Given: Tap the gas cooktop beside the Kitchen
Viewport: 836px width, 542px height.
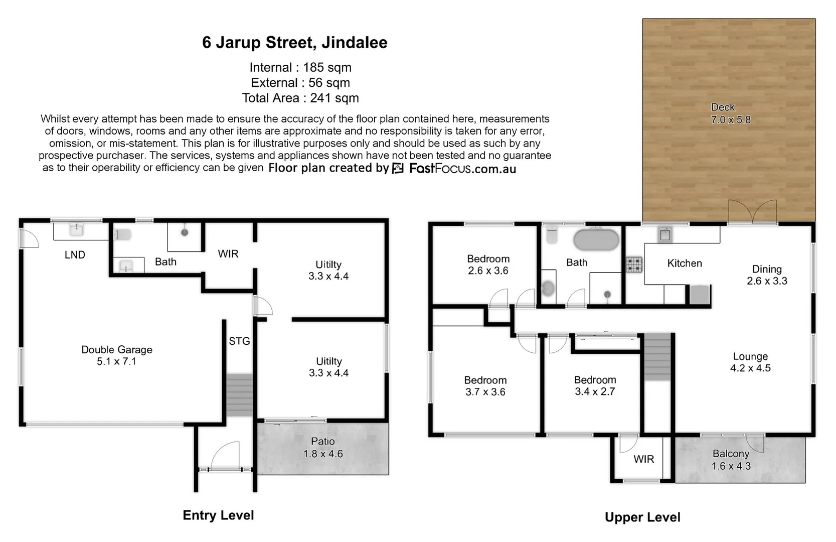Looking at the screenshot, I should pyautogui.click(x=634, y=264).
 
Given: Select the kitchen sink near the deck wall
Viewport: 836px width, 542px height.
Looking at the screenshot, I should pyautogui.click(x=665, y=234).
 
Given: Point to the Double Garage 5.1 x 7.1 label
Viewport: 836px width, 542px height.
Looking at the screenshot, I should pyautogui.click(x=117, y=355).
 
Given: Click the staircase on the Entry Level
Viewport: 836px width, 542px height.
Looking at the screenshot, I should pyautogui.click(x=239, y=395).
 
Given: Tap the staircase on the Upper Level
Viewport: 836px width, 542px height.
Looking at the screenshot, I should pyautogui.click(x=657, y=356).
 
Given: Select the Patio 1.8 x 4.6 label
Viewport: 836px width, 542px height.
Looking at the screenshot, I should pyautogui.click(x=322, y=447).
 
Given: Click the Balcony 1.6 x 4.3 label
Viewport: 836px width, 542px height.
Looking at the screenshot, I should pyautogui.click(x=731, y=460).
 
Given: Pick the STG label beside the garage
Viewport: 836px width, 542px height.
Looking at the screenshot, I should pyautogui.click(x=239, y=341).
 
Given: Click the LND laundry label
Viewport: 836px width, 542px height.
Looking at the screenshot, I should pyautogui.click(x=75, y=255).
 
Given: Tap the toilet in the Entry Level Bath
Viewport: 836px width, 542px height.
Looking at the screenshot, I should pyautogui.click(x=122, y=234).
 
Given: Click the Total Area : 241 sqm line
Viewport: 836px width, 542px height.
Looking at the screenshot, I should pyautogui.click(x=300, y=98).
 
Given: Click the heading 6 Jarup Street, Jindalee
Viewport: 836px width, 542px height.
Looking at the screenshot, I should pyautogui.click(x=294, y=43).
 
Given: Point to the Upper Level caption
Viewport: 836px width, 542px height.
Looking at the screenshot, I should pyautogui.click(x=642, y=517).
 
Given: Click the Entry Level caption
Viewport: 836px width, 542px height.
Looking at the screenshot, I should pyautogui.click(x=218, y=515).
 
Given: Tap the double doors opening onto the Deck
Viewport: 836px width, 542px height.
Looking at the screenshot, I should pyautogui.click(x=752, y=211).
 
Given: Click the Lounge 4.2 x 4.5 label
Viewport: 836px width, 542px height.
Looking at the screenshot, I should pyautogui.click(x=750, y=362).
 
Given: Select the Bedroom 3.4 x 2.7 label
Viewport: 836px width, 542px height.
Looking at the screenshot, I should pyautogui.click(x=595, y=385).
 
